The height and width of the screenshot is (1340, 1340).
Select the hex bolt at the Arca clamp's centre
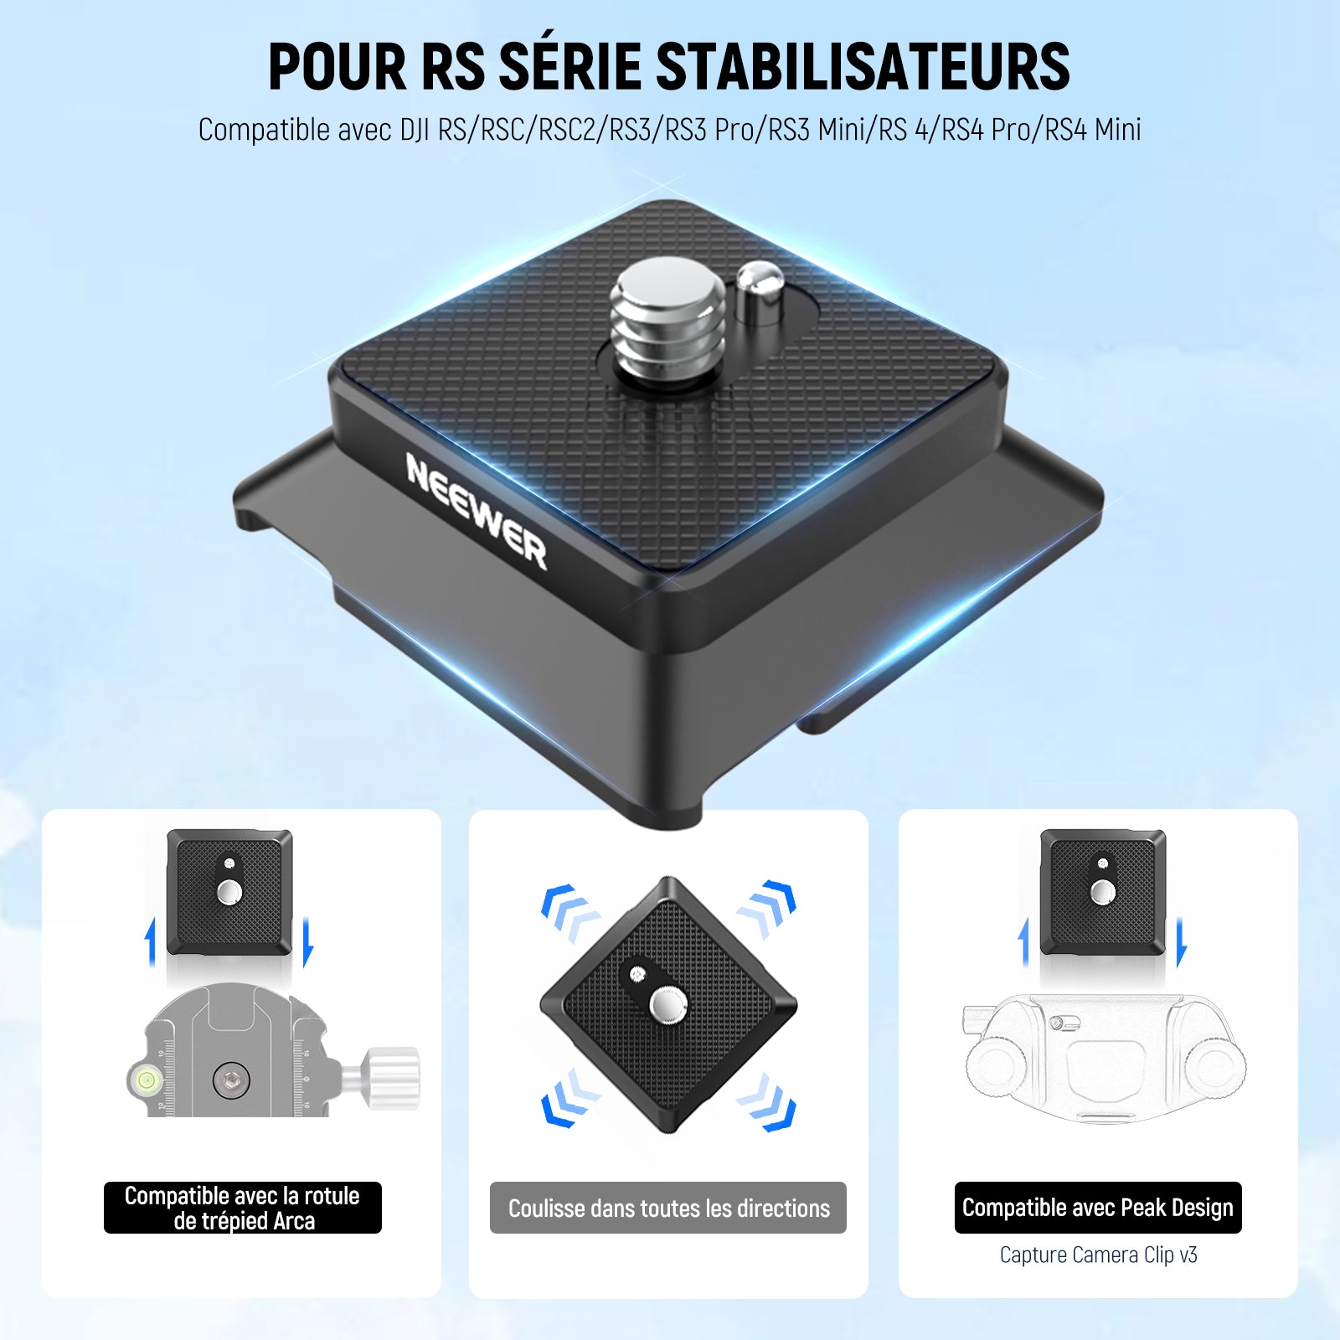[230, 1081]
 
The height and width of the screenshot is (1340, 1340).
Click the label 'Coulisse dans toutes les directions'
[668, 1208]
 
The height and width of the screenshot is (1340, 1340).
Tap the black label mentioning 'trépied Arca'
[243, 1208]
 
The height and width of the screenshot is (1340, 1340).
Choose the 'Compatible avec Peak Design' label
[1098, 1208]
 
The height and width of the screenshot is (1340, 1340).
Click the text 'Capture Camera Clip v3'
[1098, 1255]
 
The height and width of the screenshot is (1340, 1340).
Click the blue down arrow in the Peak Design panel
[1181, 942]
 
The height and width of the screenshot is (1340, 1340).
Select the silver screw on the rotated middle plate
[668, 1004]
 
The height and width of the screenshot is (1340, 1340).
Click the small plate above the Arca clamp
[229, 892]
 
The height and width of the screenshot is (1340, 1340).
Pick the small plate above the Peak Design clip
[1103, 892]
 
